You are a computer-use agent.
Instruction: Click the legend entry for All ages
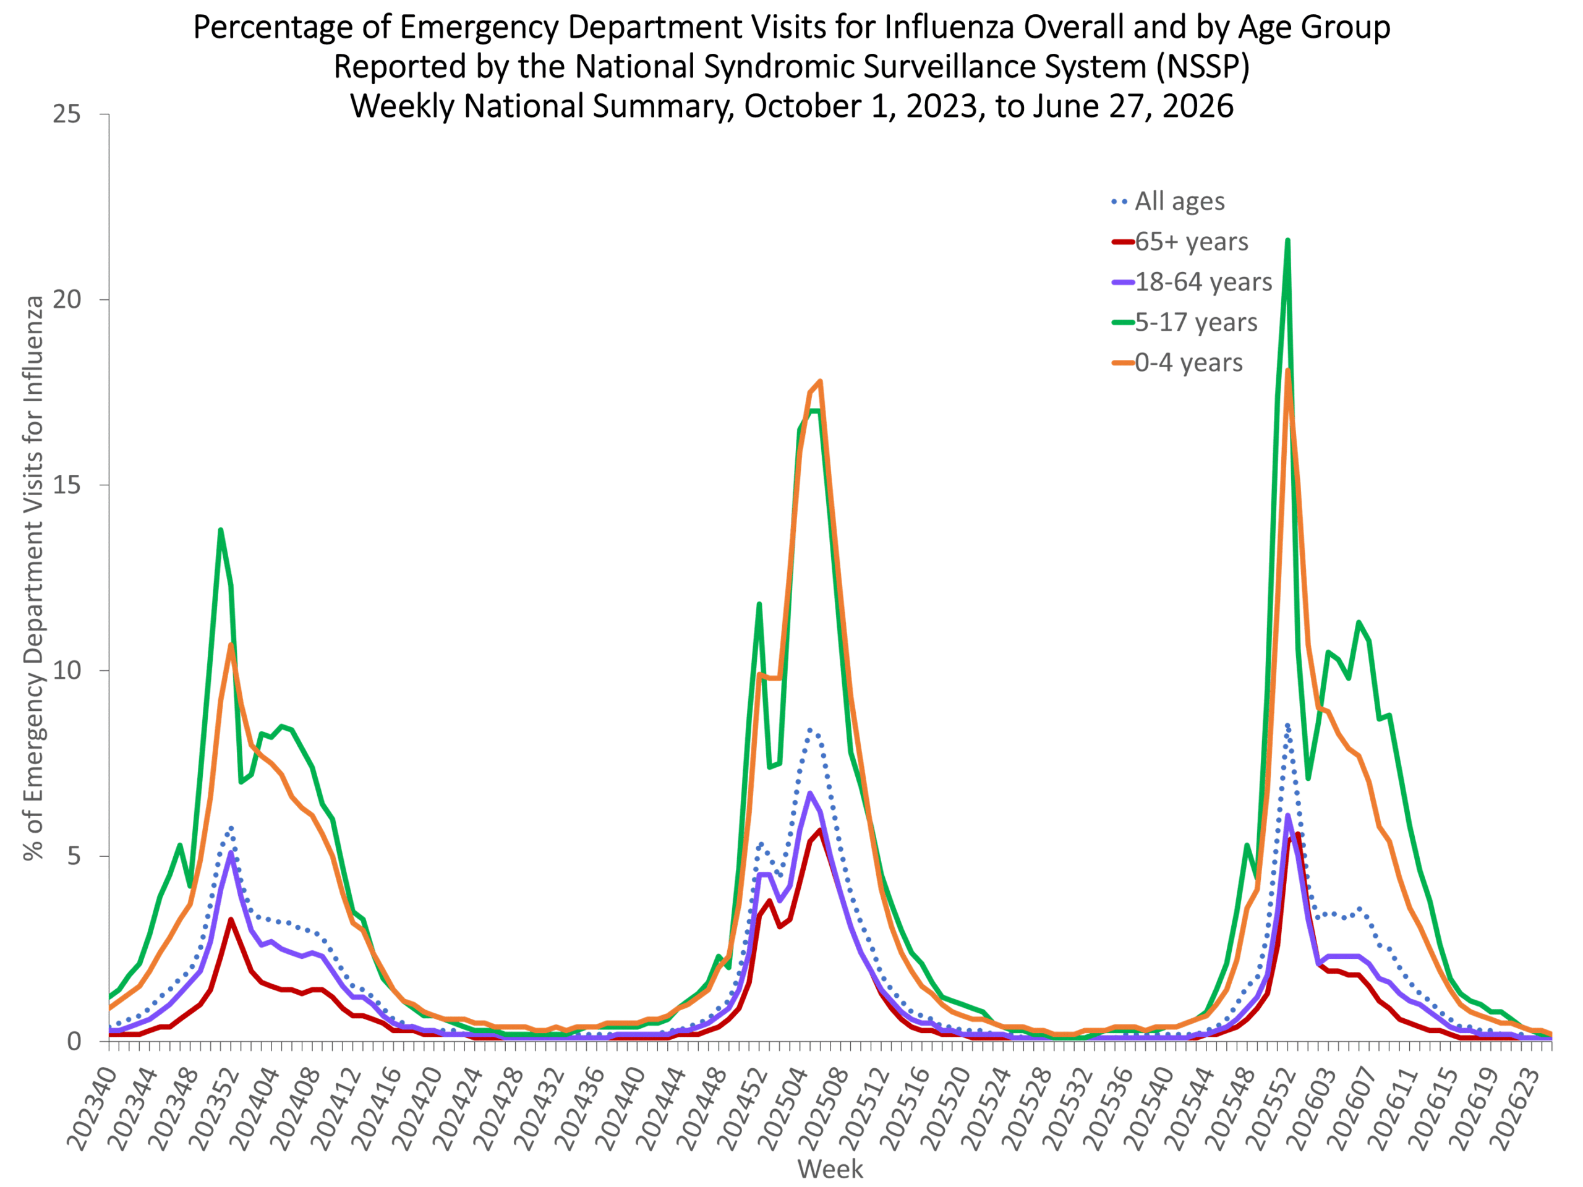pos(1168,201)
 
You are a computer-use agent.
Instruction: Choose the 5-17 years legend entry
pos(1184,323)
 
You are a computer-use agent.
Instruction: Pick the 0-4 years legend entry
pos(1177,363)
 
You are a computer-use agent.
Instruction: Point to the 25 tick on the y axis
pos(67,114)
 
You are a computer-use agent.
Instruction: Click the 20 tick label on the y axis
pos(67,299)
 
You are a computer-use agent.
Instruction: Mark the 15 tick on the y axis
pos(67,485)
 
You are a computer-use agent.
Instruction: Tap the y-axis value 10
pos(67,670)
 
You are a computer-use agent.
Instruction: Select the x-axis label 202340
pos(92,1108)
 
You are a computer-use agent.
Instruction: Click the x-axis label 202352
pos(214,1108)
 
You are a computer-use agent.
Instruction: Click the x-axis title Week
pos(830,1169)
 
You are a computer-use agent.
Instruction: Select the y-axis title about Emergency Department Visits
pos(33,578)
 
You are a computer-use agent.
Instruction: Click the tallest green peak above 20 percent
pos(1287,240)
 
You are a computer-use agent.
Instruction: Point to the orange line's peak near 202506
pos(820,381)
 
